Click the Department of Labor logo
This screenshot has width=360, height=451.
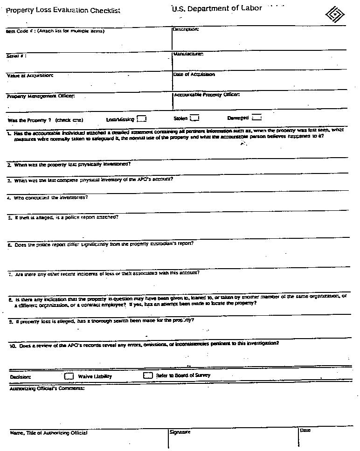click(x=336, y=14)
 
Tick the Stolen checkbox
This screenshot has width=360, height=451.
click(x=195, y=118)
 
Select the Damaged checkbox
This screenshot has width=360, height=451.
click(x=256, y=118)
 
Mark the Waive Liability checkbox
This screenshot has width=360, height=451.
click(x=69, y=376)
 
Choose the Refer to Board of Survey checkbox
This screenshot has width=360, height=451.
click(x=148, y=375)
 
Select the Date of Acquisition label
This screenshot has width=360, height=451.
click(x=194, y=75)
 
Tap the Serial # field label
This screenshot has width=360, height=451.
click(x=16, y=56)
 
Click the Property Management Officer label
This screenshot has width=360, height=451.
click(x=41, y=97)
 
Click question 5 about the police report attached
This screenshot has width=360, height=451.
click(x=63, y=217)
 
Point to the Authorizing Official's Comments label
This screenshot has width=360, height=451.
click(x=47, y=388)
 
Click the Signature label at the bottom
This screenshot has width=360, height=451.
click(x=180, y=432)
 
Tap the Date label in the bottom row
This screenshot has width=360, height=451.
click(x=305, y=430)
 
